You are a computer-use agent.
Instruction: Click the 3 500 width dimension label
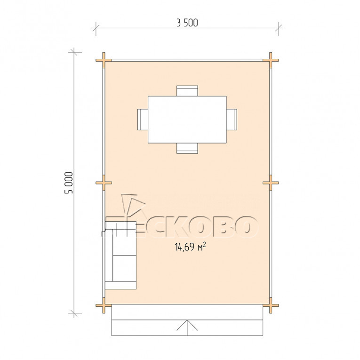187,23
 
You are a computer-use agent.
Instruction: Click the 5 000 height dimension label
69,183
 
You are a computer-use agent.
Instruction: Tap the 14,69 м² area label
190,247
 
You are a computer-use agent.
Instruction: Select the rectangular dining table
187,120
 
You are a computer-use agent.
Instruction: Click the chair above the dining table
187,91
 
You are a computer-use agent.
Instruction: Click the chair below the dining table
187,148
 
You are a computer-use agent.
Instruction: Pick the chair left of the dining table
143,120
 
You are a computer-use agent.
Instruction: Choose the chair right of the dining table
232,120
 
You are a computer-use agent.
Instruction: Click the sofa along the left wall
121,256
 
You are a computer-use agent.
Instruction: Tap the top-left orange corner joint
104,60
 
